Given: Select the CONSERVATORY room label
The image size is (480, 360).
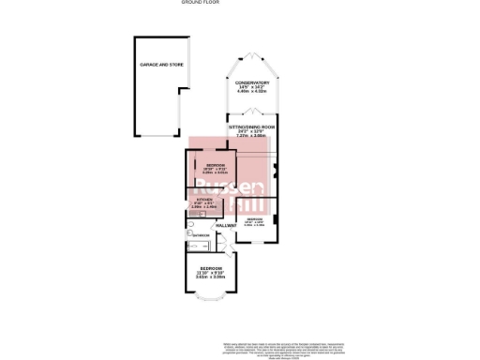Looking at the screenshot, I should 253,82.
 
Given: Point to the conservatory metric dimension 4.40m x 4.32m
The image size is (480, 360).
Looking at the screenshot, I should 253,92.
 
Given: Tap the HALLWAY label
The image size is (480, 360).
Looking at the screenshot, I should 225,227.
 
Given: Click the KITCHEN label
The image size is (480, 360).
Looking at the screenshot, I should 203,199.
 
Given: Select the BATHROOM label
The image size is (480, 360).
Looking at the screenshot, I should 202,234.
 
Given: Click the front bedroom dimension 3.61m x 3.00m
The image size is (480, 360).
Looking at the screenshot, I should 211,277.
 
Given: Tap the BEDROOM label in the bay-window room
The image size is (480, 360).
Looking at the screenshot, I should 211,268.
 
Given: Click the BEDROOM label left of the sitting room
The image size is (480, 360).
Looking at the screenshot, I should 216,165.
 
